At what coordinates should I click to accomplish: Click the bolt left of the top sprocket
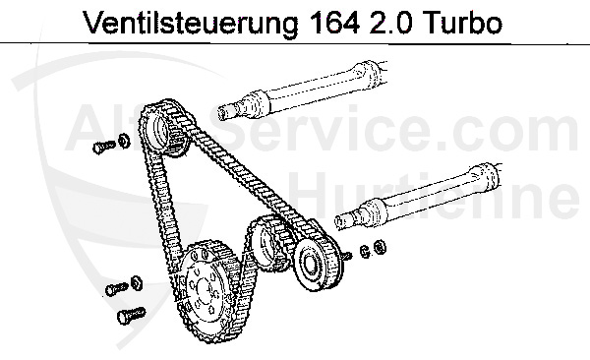(x=101, y=146)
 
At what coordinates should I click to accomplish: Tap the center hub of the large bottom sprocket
(x=208, y=289)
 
